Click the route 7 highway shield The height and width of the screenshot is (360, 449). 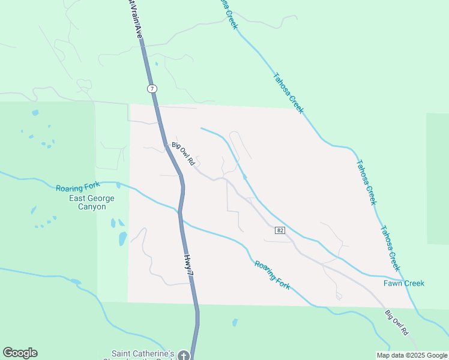pos(152,89)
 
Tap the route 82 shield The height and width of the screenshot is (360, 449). pos(280,230)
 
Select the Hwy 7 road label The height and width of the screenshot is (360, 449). pos(189,265)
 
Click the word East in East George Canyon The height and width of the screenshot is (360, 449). pos(79,199)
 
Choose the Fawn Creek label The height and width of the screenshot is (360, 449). pos(404,283)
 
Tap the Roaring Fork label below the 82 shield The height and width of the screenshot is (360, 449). pos(272,275)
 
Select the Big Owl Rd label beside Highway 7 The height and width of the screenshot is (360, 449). pos(184,154)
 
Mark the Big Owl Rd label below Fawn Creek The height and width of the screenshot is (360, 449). pos(397,323)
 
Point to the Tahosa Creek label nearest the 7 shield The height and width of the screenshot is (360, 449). pos(289,93)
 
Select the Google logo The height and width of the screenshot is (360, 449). pos(20,353)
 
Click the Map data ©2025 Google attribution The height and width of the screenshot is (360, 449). pos(412,355)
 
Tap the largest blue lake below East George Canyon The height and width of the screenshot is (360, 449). pos(122,238)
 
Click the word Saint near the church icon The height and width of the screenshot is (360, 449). pos(122,353)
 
